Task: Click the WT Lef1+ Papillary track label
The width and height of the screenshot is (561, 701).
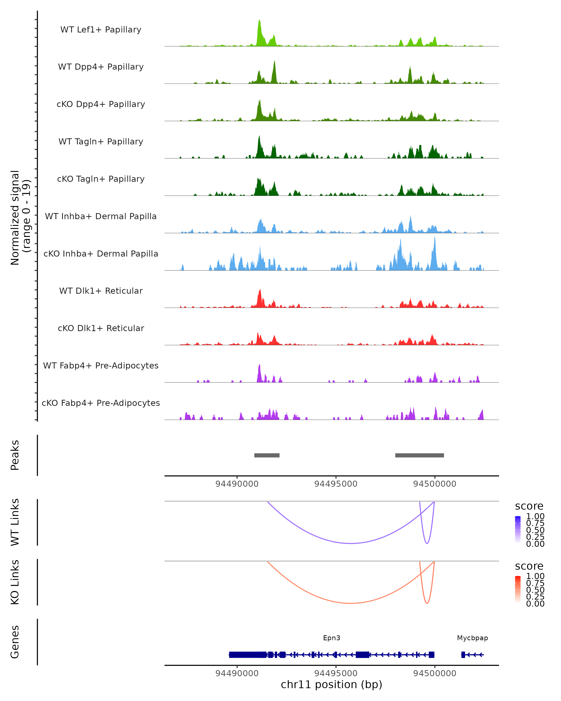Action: tap(101, 30)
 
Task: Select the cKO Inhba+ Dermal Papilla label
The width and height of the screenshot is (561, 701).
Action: tap(101, 254)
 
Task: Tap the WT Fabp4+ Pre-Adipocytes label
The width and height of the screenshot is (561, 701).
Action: tap(101, 365)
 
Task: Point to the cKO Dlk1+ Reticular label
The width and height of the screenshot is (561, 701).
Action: tap(101, 328)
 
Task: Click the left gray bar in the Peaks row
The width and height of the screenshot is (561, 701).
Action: tap(267, 455)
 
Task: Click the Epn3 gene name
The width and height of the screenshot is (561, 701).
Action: tap(331, 638)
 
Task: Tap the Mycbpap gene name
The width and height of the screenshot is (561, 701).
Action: tap(472, 638)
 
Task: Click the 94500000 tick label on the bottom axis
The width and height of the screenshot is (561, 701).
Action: tap(435, 673)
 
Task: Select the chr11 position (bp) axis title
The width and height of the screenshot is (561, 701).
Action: tap(331, 685)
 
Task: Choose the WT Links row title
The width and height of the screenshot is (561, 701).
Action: tap(15, 522)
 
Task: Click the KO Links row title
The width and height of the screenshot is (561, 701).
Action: tap(15, 582)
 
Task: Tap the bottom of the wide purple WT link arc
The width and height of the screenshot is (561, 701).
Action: tap(351, 543)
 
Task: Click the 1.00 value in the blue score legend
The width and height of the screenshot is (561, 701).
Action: tap(535, 516)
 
